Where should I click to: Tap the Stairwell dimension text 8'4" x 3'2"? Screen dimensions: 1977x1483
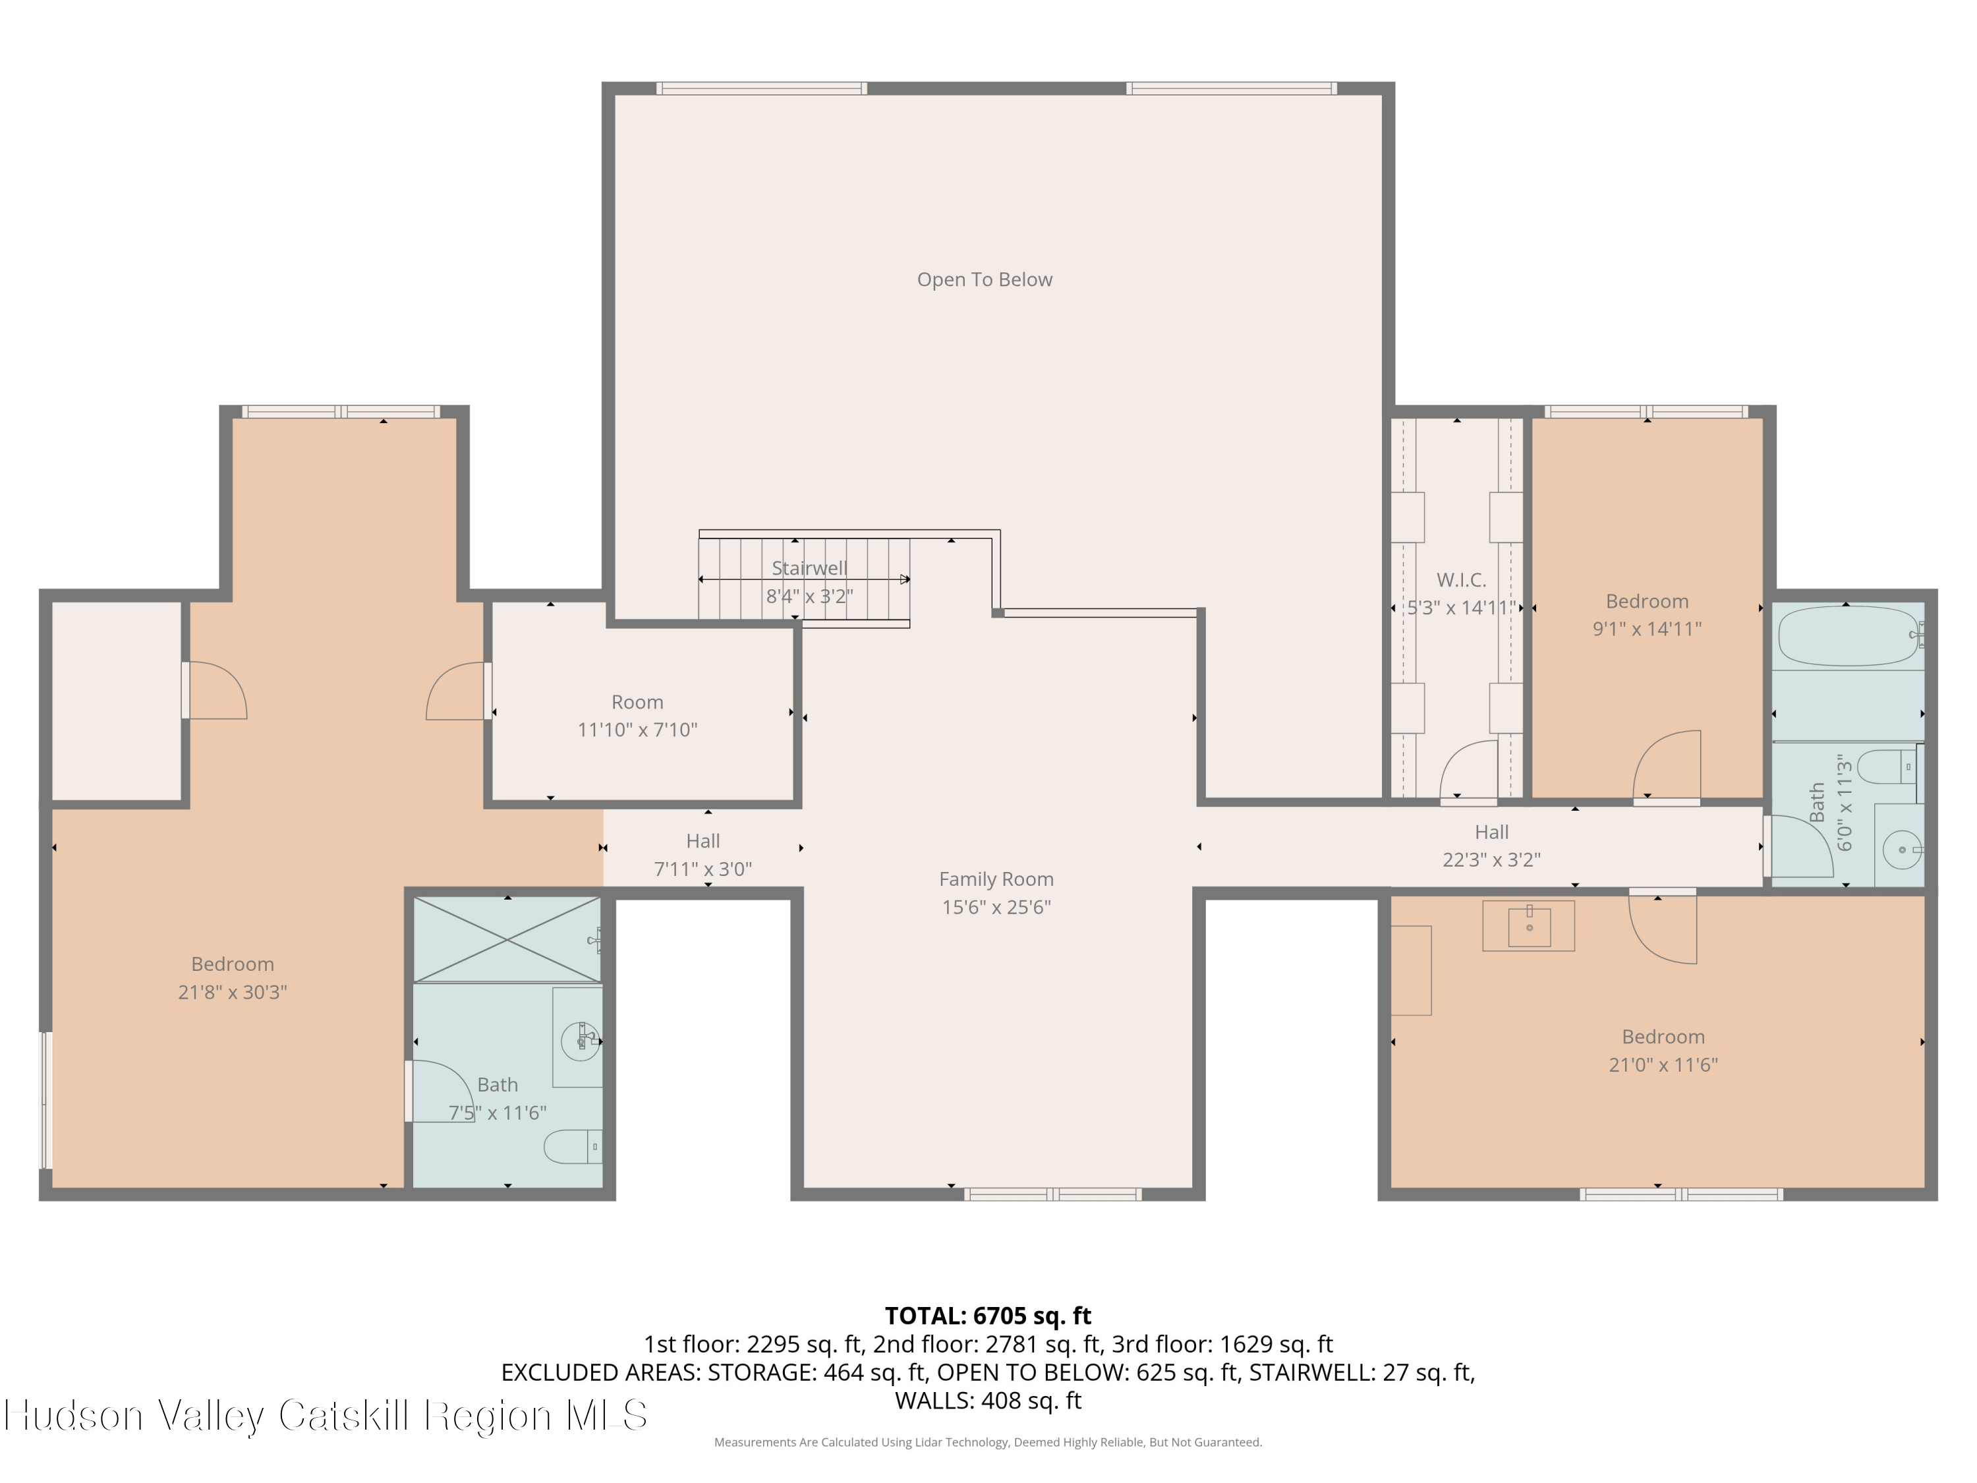tap(810, 596)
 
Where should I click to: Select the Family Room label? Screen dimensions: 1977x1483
tap(996, 880)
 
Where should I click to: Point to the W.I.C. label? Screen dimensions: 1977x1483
tap(1461, 580)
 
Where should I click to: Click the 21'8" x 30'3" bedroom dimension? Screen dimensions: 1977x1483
tap(233, 992)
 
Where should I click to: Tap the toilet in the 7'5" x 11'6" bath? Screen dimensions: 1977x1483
tap(573, 1147)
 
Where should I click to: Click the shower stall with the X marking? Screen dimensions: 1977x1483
tap(507, 939)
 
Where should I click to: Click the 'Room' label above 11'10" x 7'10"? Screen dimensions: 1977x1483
tap(637, 703)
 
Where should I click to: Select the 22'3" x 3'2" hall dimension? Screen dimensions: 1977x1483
tap(1492, 860)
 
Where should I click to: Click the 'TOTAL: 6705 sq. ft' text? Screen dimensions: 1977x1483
tap(988, 1316)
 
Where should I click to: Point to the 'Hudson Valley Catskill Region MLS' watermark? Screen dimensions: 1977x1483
tap(326, 1415)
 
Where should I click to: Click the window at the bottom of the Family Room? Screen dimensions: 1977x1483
tap(1053, 1194)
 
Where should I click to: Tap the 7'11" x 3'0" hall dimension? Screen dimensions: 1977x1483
tap(703, 869)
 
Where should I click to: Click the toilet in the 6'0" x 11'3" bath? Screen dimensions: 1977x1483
tap(1887, 767)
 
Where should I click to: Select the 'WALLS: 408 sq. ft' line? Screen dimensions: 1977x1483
tap(988, 1401)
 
